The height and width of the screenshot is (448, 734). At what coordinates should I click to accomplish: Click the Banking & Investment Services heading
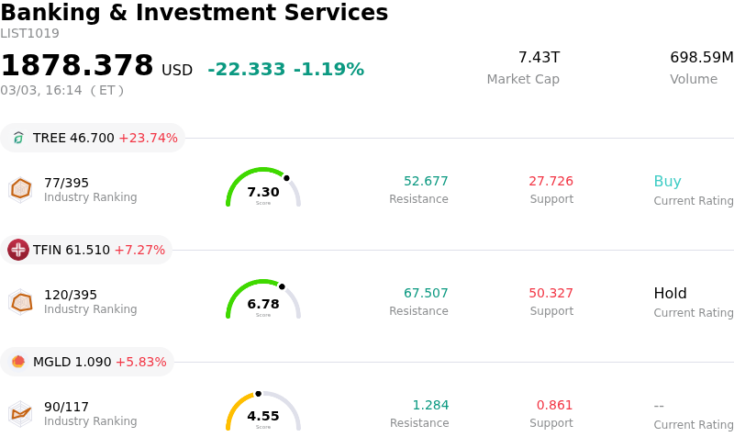tap(194, 14)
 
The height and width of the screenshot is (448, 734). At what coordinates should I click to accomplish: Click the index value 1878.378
tap(77, 66)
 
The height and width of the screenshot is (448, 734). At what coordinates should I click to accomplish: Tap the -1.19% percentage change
tap(328, 70)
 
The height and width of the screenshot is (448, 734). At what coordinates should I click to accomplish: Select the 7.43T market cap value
tap(539, 58)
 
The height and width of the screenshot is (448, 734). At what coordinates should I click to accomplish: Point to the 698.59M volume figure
tap(701, 58)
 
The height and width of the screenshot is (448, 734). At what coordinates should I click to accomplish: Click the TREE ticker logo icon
tap(18, 138)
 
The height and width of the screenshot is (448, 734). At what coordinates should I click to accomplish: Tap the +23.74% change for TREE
tap(148, 138)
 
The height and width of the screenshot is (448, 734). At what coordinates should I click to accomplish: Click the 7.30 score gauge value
tap(263, 192)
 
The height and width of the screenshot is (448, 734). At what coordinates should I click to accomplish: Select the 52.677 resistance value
tap(426, 181)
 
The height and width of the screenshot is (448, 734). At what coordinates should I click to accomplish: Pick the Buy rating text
tap(667, 181)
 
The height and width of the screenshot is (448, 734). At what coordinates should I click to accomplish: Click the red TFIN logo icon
tap(18, 250)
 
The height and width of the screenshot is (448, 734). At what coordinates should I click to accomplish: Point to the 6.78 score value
tap(263, 304)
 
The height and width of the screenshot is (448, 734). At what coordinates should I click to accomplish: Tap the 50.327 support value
tap(550, 293)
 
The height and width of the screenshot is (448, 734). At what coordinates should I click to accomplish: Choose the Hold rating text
tap(670, 294)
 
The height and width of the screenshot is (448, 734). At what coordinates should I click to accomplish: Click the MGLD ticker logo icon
tap(18, 362)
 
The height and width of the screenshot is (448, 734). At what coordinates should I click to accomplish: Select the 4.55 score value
tap(263, 416)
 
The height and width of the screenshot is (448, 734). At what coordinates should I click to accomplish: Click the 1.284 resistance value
tap(430, 405)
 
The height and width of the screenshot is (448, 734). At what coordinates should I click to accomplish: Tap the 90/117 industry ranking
tap(66, 407)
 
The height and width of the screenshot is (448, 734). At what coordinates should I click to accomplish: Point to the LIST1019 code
tap(29, 34)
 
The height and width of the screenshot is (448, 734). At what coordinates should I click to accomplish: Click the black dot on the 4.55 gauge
tap(258, 394)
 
